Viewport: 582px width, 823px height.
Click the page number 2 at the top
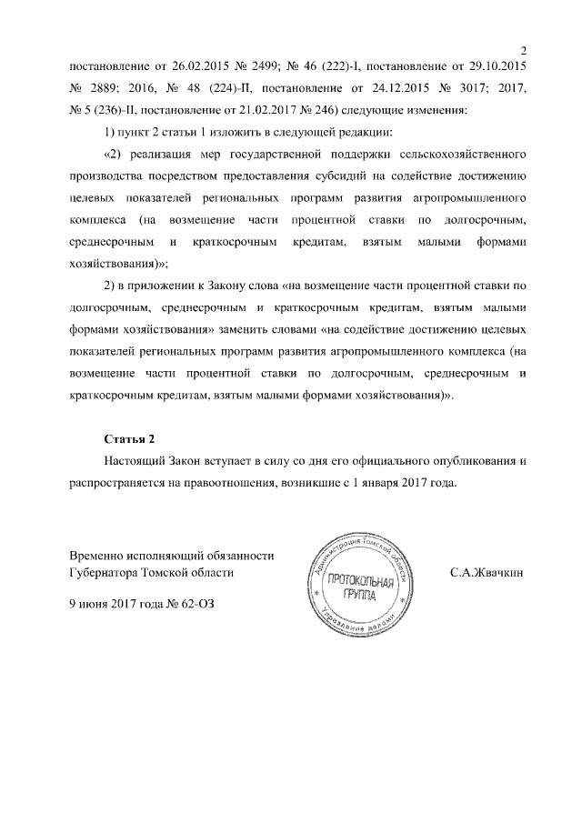pos(524,50)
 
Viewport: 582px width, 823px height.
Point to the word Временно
pos(98,555)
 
